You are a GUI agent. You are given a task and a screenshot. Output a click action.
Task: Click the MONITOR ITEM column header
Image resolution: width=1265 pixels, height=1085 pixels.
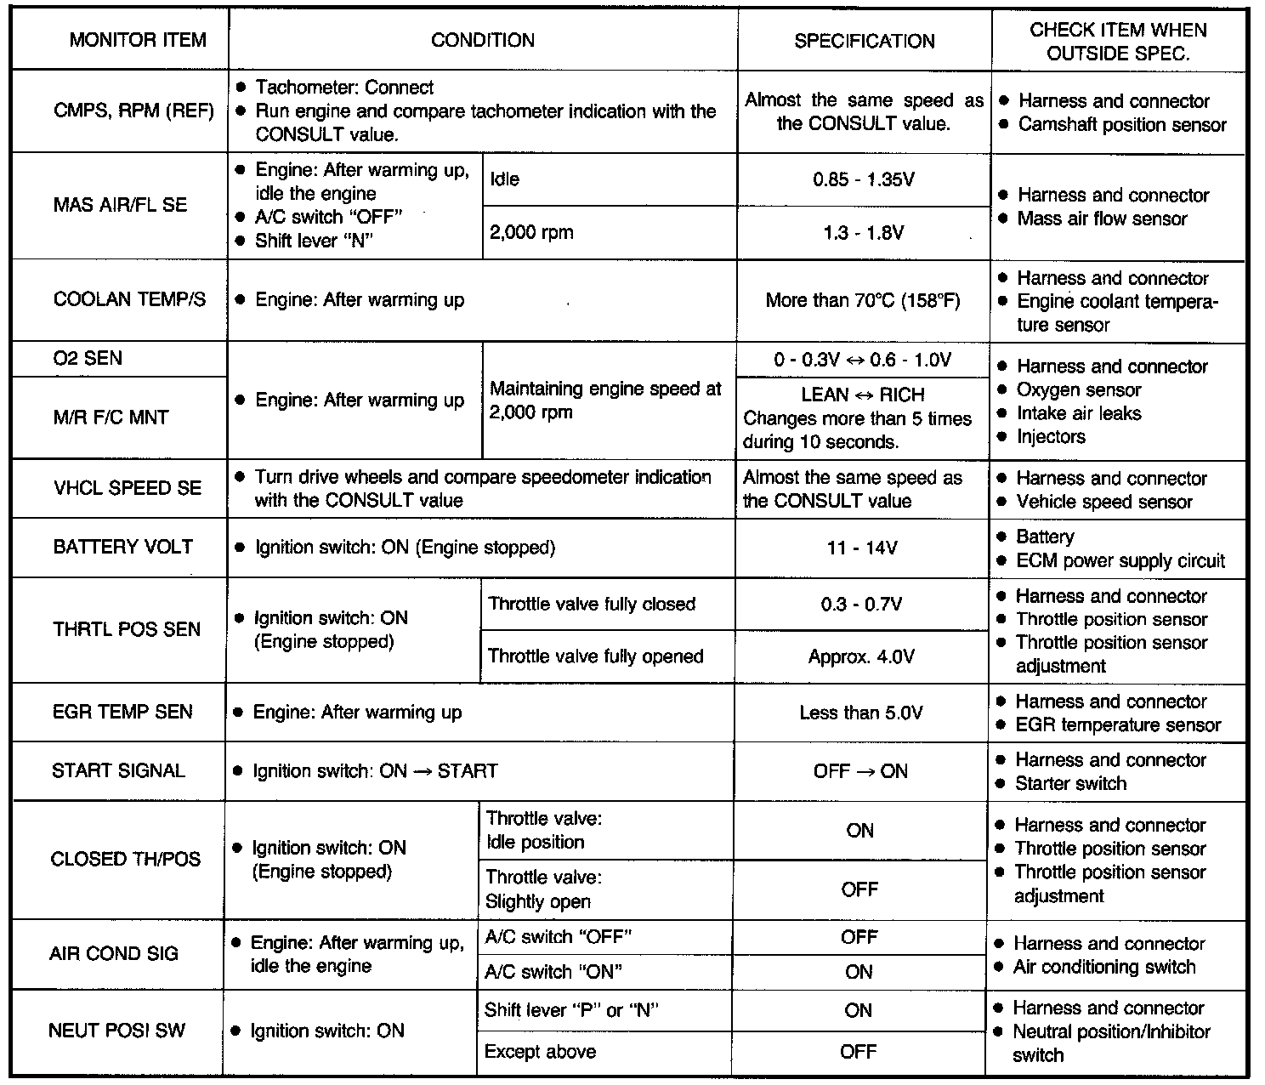click(x=138, y=40)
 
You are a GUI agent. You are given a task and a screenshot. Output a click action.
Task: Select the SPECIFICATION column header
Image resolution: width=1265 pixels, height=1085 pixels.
click(x=864, y=41)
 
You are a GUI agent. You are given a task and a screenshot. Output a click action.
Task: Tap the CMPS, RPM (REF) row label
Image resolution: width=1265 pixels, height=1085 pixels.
click(x=133, y=111)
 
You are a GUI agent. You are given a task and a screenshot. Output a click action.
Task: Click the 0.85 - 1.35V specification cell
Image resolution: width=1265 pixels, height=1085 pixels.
click(x=864, y=180)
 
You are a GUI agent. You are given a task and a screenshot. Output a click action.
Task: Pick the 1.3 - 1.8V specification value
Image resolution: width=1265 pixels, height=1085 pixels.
click(x=864, y=233)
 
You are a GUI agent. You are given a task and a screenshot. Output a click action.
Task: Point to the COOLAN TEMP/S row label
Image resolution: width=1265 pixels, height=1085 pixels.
click(x=129, y=300)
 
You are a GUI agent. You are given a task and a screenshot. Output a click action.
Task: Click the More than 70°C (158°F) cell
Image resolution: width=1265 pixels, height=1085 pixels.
click(x=863, y=300)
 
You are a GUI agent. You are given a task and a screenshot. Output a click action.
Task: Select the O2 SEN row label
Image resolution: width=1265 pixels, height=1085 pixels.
click(x=88, y=359)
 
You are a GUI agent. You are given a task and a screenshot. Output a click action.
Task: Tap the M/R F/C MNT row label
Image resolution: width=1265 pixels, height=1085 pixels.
click(x=111, y=418)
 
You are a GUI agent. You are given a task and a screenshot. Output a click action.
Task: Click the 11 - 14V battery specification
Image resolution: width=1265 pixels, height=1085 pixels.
click(x=862, y=548)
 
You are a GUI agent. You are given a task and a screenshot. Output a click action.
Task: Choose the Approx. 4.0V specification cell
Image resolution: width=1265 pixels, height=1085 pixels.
click(x=861, y=657)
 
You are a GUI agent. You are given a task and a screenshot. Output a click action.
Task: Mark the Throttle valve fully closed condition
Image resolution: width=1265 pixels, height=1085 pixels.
click(x=592, y=605)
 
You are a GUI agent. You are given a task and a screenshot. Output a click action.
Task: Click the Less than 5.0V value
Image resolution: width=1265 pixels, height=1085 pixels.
click(x=861, y=713)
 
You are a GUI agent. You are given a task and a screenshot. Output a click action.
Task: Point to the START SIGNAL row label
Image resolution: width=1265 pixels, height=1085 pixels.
click(x=118, y=771)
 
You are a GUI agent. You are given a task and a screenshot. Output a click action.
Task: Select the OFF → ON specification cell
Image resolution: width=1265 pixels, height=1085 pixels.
click(x=860, y=772)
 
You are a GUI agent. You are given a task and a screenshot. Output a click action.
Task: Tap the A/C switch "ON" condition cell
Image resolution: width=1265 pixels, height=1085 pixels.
click(x=552, y=972)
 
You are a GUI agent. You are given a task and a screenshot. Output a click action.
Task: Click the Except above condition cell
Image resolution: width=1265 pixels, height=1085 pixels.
click(x=540, y=1052)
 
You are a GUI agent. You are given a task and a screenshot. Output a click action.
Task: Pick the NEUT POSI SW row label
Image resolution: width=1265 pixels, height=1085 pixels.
click(x=116, y=1031)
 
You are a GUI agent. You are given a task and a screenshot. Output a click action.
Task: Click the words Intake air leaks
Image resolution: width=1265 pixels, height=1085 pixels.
click(x=1079, y=414)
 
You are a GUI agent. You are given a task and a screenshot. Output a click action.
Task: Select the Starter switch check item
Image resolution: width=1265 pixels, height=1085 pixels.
click(x=1070, y=784)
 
